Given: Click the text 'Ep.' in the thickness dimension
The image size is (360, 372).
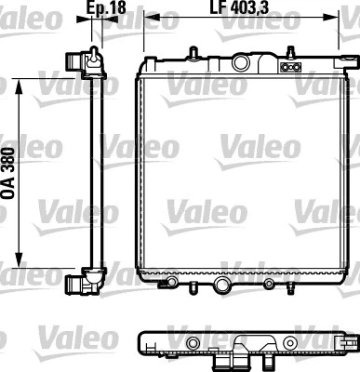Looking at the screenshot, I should [x=96, y=10].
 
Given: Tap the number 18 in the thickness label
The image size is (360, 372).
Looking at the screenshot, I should [x=118, y=10].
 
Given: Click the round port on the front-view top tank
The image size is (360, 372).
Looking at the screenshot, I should [x=244, y=63].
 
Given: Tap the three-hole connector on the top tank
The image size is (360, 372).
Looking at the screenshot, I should [x=289, y=67].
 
